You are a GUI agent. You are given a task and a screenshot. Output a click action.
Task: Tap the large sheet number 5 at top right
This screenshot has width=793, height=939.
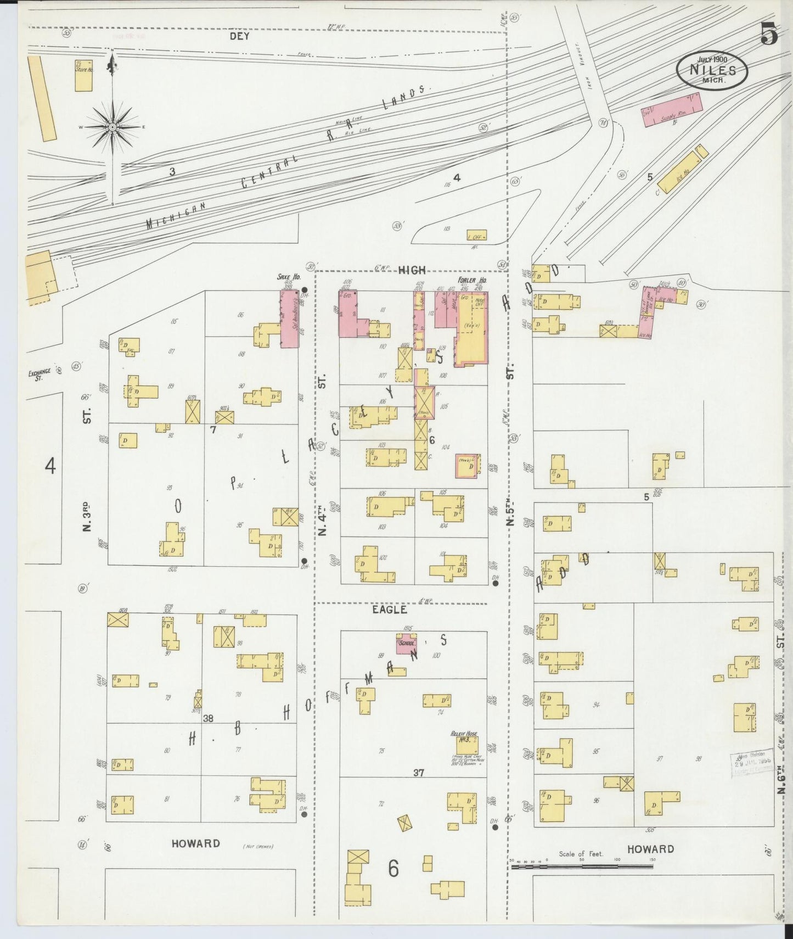pyautogui.click(x=769, y=36)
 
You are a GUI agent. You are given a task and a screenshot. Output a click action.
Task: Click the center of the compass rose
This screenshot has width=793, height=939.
pyautogui.click(x=113, y=127)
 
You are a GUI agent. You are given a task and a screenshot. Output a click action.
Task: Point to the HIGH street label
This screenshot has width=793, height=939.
pyautogui.click(x=412, y=270)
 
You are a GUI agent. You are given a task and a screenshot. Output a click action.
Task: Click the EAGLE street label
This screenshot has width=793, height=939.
pyautogui.click(x=389, y=610)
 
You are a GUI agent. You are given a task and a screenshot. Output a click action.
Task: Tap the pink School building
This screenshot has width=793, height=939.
pyautogui.click(x=407, y=643)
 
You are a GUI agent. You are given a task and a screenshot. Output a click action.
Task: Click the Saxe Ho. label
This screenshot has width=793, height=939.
pyautogui.click(x=288, y=277)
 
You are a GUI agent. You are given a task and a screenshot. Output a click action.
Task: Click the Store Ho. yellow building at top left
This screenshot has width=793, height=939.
pyautogui.click(x=83, y=76)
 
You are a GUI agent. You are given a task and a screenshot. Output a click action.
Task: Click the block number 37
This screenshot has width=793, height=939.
pyautogui.click(x=419, y=773)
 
